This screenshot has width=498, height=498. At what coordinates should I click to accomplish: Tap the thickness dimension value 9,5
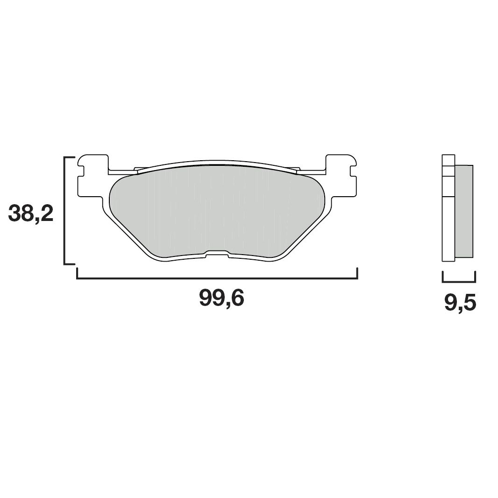[x=460, y=304]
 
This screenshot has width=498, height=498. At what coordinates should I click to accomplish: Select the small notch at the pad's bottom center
[x=217, y=254]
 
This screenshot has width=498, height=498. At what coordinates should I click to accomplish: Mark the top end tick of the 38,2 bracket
[x=70, y=158]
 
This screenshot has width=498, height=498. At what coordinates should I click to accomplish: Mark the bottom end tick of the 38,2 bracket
[x=70, y=264]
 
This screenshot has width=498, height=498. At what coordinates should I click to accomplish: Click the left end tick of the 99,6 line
[x=77, y=273]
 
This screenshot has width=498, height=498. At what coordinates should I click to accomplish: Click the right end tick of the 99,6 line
[x=357, y=273]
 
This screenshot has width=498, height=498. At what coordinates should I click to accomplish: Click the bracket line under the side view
[x=458, y=282]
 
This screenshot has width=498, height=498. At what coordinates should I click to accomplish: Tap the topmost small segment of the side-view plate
[x=448, y=160]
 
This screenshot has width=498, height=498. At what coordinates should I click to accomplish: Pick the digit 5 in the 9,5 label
[x=468, y=304]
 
